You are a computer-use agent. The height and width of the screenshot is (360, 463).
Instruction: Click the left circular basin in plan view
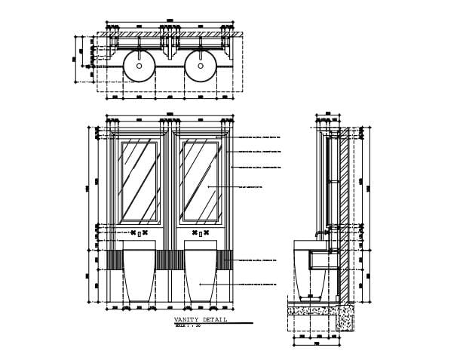138,66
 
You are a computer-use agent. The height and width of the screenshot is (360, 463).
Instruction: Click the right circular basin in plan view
201,66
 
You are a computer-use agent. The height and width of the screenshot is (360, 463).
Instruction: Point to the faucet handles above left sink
138,233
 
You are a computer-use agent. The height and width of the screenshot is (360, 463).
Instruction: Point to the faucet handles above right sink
201,233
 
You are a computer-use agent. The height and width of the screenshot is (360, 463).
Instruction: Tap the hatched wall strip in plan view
170,35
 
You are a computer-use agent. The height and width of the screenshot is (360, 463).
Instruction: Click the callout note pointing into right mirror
249,186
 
